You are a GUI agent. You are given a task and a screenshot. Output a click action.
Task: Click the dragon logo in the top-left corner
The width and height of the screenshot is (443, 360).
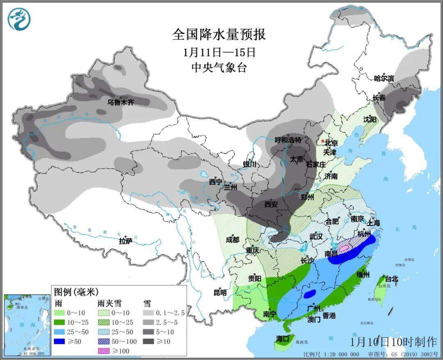[19, 19]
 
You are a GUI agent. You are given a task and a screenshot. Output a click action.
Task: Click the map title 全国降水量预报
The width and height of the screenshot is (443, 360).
[219, 34]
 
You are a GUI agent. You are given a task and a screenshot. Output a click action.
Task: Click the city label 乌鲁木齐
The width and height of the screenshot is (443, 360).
[121, 103]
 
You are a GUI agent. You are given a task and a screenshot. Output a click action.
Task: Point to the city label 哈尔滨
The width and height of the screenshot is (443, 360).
[384, 78]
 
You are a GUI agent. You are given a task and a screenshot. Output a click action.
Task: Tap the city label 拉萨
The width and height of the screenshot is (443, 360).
[126, 241]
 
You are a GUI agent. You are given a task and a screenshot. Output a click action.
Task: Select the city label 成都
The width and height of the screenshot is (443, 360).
[232, 240]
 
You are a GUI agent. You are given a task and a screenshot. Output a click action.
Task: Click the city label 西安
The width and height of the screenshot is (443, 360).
[271, 204]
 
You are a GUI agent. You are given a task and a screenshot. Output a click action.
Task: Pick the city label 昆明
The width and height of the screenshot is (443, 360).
[220, 293]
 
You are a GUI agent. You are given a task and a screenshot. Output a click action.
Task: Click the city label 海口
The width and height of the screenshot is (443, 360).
[283, 339]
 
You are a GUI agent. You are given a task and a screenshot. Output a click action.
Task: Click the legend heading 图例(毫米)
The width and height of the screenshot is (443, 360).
[76, 292]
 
